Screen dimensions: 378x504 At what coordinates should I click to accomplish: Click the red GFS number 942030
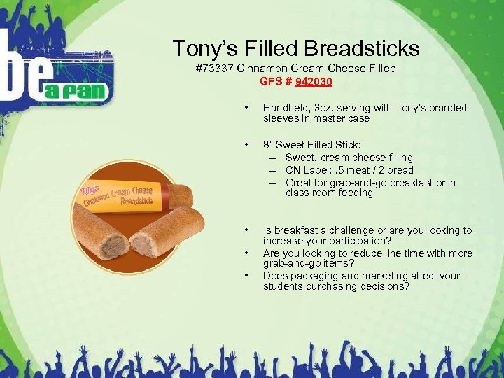[314, 81]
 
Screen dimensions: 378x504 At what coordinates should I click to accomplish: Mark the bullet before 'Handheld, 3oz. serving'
[246, 108]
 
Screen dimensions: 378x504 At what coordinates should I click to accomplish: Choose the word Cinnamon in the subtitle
[262, 69]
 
